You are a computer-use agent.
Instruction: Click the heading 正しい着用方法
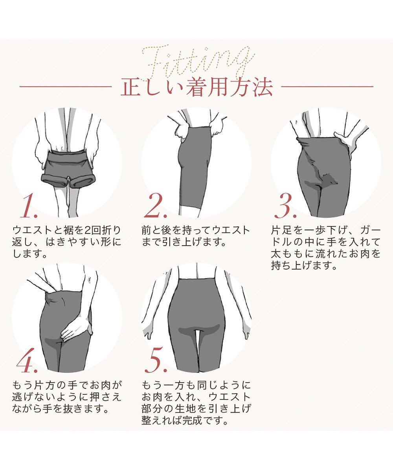(196, 87)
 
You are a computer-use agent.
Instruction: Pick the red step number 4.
(28, 363)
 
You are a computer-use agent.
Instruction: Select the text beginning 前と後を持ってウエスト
(195, 236)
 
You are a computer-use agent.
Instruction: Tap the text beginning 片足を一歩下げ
(326, 248)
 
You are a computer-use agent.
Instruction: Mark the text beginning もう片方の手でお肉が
(67, 397)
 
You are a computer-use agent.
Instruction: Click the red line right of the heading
(327, 87)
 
